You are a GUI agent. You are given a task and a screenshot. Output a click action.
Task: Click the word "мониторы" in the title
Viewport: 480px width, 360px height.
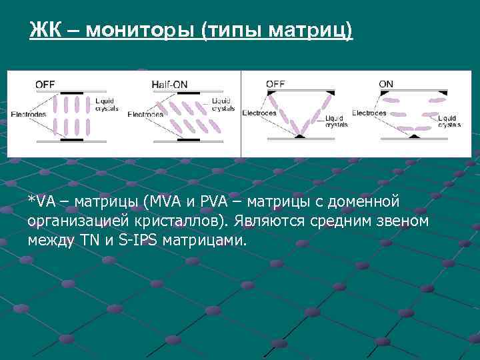point(138,30)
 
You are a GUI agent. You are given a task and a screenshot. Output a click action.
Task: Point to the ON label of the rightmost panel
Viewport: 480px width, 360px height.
point(386,84)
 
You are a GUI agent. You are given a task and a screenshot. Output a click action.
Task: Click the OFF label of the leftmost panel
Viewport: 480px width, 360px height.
point(45,85)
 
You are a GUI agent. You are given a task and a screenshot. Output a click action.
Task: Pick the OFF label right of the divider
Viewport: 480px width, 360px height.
point(275,84)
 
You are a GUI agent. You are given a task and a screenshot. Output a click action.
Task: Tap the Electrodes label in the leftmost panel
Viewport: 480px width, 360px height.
point(28,115)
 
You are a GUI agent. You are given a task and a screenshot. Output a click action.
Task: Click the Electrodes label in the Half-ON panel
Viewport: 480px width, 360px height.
point(145,114)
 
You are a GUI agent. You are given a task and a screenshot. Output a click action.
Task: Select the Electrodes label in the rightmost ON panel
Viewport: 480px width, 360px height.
point(369,113)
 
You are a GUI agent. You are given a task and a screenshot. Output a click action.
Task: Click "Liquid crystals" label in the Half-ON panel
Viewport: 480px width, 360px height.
point(223,105)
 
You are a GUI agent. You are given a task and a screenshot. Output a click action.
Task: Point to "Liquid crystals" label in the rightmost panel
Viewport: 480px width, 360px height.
point(449,121)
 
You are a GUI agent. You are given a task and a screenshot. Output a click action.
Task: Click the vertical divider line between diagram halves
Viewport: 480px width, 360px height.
point(241,113)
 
